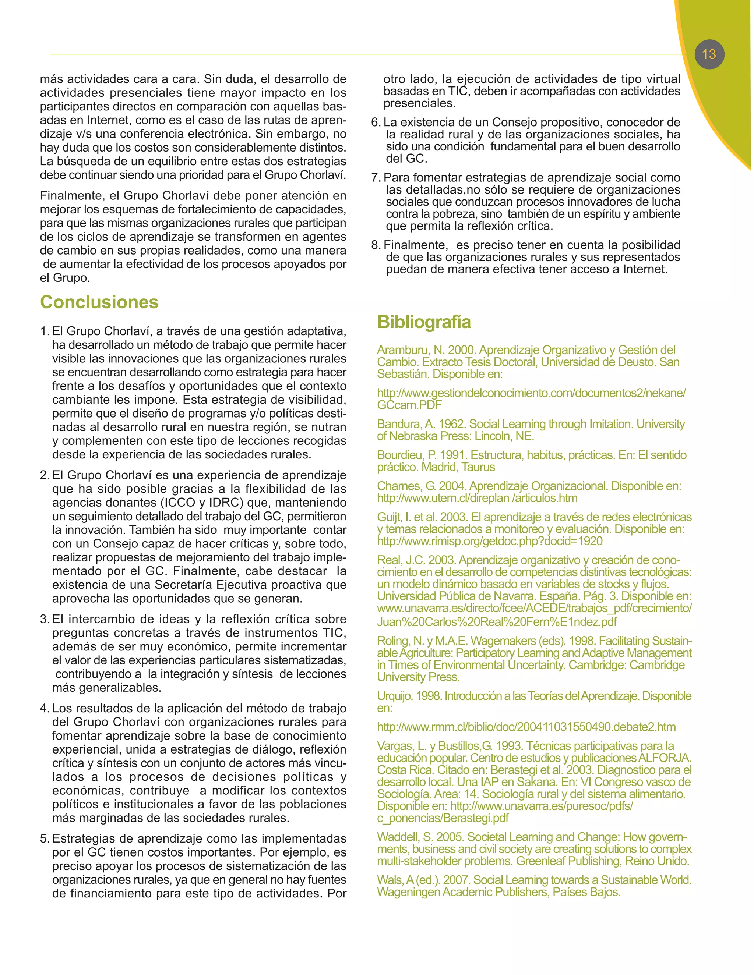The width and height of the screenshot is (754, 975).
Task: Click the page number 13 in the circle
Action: point(709,54)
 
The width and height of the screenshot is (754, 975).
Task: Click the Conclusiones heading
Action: point(99,302)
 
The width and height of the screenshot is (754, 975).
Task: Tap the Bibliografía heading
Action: point(423,322)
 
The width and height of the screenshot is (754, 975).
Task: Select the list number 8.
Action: point(376,245)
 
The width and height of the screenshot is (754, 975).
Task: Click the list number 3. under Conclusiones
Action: point(44,619)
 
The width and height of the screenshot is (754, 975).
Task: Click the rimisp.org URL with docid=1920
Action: point(490,542)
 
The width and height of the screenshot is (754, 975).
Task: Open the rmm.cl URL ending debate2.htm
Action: point(526,727)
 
